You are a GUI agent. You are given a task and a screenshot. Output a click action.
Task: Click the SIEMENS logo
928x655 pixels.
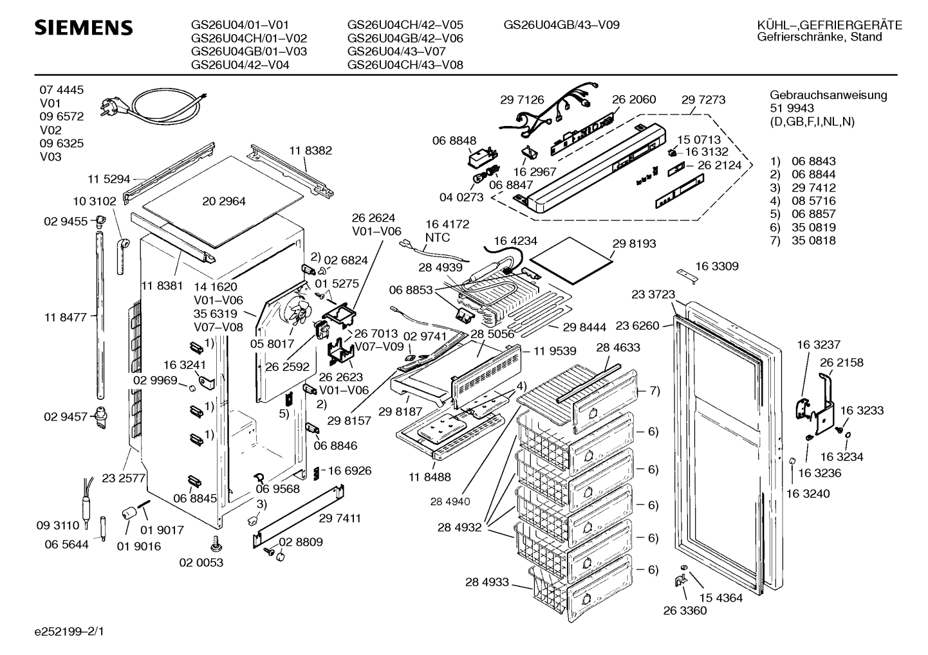point(83,28)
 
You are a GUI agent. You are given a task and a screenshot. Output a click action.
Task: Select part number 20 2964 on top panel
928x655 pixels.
point(223,201)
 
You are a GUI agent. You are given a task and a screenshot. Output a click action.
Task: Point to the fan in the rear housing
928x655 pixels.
point(297,315)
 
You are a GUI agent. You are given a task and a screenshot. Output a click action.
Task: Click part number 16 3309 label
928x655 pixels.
point(716,266)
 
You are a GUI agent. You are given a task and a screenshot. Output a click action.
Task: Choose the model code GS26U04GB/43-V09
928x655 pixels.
point(561,25)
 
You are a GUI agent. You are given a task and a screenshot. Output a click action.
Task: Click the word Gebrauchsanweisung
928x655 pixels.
point(828,95)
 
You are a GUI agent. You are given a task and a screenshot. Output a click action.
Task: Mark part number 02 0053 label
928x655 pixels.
point(201,562)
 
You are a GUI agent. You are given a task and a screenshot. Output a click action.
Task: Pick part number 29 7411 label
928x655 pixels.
point(339,517)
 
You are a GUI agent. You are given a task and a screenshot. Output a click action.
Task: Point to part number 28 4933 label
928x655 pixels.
point(487,582)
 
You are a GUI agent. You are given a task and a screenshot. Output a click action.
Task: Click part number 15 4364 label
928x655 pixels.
point(721,598)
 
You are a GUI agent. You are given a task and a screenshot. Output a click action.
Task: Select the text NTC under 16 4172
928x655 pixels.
point(438,237)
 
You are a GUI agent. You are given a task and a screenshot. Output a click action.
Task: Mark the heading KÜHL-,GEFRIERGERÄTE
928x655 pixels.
point(830,25)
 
